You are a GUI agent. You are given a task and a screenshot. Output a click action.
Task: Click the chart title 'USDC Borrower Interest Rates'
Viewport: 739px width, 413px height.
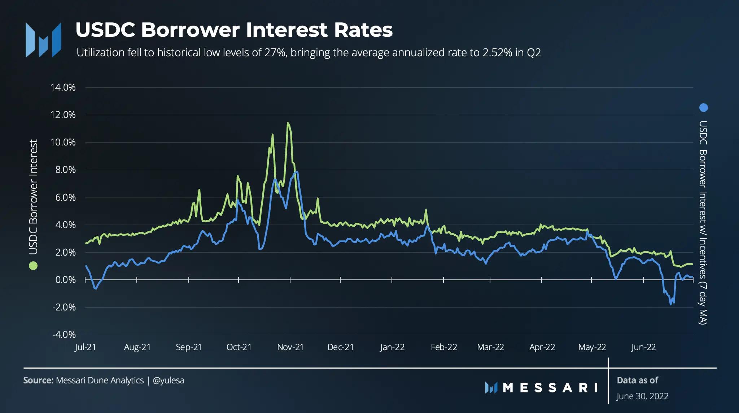click(x=234, y=30)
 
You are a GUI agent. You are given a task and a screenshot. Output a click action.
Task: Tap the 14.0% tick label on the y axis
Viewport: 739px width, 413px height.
click(x=63, y=87)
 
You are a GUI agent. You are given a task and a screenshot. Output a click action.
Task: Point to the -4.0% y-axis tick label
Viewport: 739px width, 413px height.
click(x=64, y=335)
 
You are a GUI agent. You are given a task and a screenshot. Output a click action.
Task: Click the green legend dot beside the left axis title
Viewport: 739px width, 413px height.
click(x=33, y=266)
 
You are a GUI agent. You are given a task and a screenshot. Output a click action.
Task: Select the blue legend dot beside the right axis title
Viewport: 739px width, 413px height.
click(x=704, y=108)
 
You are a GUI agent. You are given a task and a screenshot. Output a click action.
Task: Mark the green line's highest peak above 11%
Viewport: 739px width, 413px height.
click(x=288, y=123)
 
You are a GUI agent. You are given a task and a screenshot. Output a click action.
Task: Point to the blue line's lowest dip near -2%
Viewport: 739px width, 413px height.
click(x=671, y=304)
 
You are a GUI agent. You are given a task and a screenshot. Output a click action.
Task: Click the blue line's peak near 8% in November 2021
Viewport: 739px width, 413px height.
click(x=297, y=172)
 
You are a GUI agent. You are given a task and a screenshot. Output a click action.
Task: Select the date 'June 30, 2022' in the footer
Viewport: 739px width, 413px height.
click(x=642, y=396)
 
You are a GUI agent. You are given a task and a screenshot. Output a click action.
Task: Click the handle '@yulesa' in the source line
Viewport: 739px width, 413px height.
click(x=169, y=381)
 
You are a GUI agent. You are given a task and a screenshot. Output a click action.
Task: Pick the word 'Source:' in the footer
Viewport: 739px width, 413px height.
click(x=38, y=381)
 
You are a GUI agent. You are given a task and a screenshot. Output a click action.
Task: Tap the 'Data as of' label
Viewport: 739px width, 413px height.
click(x=637, y=380)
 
